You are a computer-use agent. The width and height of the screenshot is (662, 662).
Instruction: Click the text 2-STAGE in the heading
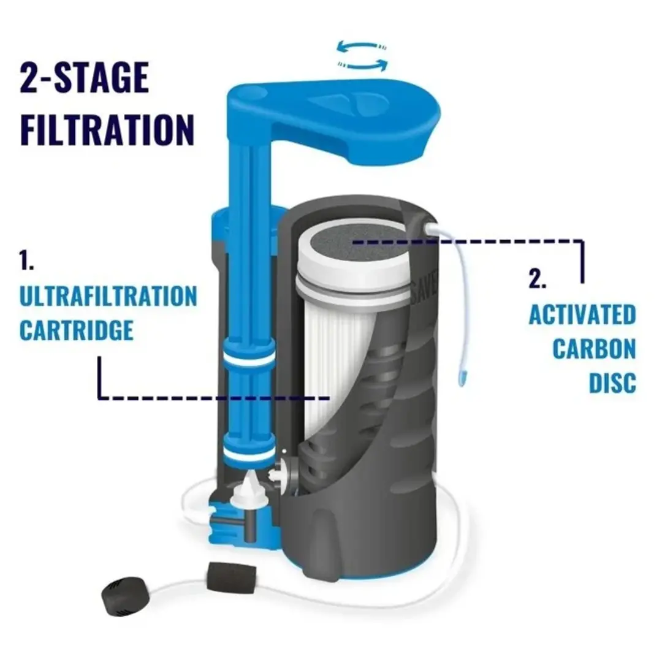(x=85, y=78)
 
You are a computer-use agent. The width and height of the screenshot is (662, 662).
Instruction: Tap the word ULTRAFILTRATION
(x=108, y=296)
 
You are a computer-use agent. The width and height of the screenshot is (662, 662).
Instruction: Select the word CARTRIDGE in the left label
(x=76, y=330)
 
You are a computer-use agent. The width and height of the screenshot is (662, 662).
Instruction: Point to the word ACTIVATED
(x=582, y=315)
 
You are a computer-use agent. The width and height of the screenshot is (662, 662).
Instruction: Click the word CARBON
(x=594, y=349)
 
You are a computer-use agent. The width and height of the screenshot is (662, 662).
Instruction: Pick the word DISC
(x=612, y=382)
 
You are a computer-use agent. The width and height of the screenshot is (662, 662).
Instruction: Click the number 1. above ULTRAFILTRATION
(x=26, y=262)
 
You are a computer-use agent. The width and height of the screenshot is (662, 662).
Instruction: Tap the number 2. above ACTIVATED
(x=537, y=280)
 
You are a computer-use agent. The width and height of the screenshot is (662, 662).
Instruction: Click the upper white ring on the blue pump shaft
(x=248, y=358)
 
